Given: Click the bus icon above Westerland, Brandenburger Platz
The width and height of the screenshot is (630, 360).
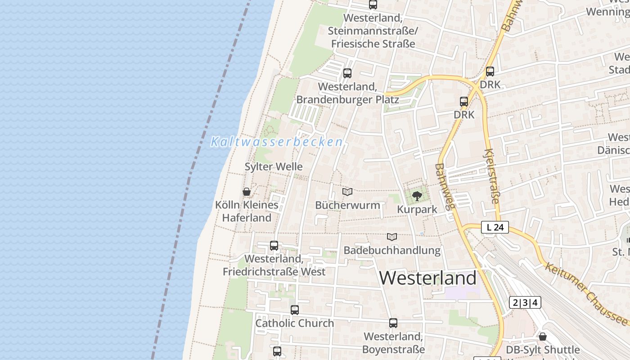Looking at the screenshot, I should pos(347,73).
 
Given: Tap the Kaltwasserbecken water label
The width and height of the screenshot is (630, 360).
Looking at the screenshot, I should pos(276,142).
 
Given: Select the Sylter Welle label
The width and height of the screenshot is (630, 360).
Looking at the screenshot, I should pos(274,166).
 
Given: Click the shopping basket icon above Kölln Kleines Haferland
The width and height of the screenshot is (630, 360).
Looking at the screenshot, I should pos(247,192).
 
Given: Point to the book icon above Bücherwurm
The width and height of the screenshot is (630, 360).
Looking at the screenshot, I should pos(347,192).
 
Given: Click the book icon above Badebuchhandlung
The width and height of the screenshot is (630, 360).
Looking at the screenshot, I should pos(392,237).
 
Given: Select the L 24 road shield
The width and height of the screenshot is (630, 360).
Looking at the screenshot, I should pos(495,227).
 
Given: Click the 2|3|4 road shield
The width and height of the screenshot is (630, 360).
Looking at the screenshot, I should pos(525,302).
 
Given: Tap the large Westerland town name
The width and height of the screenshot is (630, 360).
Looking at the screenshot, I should pos(427,278).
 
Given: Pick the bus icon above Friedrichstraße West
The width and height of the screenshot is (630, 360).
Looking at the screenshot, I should pos(274,246).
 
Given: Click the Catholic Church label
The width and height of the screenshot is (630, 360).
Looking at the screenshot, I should pos(295,323).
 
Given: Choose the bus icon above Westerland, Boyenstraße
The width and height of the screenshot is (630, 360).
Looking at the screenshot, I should pos(393,323).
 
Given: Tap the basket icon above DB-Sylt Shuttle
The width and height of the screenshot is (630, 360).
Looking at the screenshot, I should pos(543,337).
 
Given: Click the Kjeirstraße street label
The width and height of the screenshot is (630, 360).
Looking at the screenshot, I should pos(492,177).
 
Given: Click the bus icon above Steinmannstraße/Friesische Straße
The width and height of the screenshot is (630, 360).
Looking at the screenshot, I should pos(373,5).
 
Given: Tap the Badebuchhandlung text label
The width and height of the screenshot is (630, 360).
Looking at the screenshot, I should pos(392,250).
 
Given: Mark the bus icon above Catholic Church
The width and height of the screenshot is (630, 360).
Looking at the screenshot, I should pos(295,310).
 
